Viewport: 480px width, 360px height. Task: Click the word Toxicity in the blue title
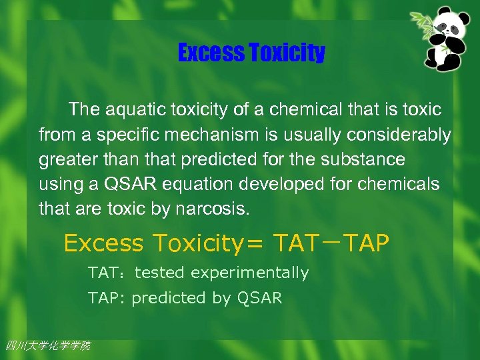point(286,53)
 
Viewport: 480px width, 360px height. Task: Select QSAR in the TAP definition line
point(260,299)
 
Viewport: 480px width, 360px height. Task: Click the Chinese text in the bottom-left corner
point(47,345)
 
